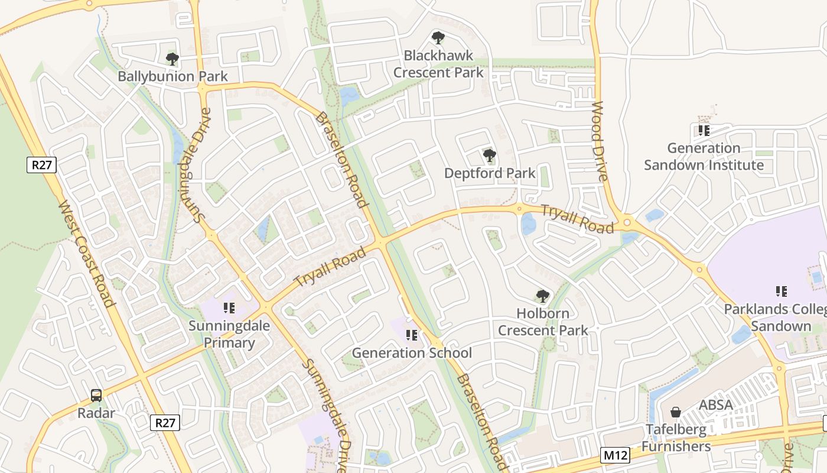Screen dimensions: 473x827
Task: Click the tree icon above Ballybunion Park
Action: click(x=172, y=59)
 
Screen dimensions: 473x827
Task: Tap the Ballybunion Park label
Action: click(x=172, y=76)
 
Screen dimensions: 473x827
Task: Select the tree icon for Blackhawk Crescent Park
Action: click(x=438, y=38)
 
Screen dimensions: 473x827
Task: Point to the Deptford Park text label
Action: click(x=490, y=173)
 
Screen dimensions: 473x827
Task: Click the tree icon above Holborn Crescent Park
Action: click(x=542, y=296)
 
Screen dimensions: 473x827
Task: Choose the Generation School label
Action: click(x=412, y=353)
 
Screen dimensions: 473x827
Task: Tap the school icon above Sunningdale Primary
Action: click(x=229, y=308)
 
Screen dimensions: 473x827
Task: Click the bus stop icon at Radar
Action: click(x=96, y=396)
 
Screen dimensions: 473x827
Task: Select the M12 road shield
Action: click(x=615, y=455)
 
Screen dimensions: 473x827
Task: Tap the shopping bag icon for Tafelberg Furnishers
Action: click(x=676, y=412)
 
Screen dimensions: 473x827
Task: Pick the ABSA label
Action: click(x=715, y=406)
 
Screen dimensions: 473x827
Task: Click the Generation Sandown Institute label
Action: click(x=704, y=157)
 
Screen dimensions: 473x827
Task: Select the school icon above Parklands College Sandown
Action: click(x=781, y=291)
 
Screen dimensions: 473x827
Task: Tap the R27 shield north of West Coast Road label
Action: click(x=41, y=165)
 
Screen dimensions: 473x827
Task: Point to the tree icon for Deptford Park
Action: click(x=489, y=156)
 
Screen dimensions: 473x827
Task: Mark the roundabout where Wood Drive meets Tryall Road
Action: click(x=627, y=223)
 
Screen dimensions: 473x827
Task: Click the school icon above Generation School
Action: click(x=412, y=336)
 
